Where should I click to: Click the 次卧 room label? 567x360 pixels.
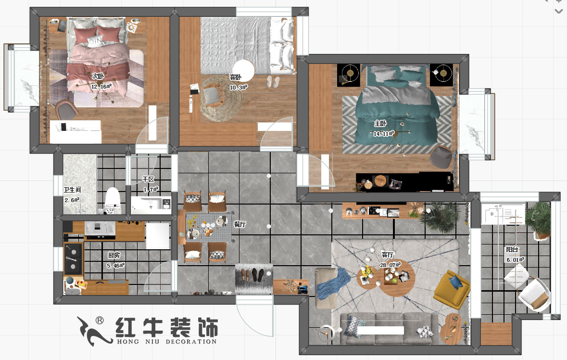[x=98, y=76]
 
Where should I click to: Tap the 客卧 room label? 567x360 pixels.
[x=235, y=77]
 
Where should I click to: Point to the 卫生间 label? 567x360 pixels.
[x=72, y=189]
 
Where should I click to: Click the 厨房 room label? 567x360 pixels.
[x=113, y=255]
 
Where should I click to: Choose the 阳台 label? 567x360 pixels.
[x=512, y=249]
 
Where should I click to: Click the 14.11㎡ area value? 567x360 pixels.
[x=384, y=134]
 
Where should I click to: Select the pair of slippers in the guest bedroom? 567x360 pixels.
[x=273, y=81]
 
